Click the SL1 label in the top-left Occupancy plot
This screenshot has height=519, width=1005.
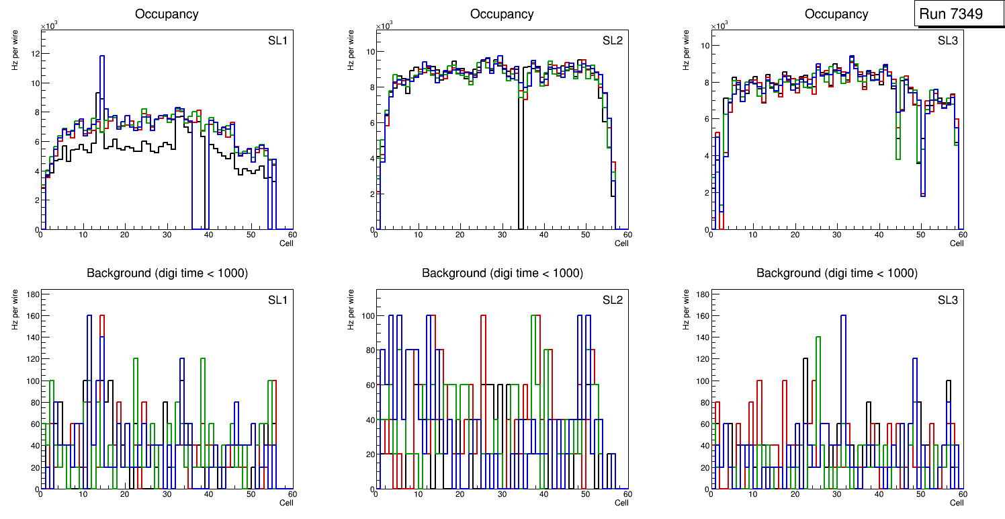coord(277,41)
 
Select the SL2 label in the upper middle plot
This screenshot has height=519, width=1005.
coord(612,41)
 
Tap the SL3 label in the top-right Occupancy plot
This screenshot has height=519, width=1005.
coord(947,41)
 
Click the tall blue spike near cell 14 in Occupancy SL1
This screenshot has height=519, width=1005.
coord(102,56)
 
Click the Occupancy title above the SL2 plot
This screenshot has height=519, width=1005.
coord(502,14)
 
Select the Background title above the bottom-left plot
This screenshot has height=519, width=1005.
coord(167,273)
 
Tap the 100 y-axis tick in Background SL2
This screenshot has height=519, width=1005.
coord(366,315)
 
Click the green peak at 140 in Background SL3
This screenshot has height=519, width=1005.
coord(818,337)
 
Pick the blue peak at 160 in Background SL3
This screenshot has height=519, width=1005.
coord(843,315)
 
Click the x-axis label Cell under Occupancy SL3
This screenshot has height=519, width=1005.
coord(957,243)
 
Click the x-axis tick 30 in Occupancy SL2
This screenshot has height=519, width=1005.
coord(502,235)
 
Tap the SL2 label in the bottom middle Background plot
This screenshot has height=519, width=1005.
coord(612,300)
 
